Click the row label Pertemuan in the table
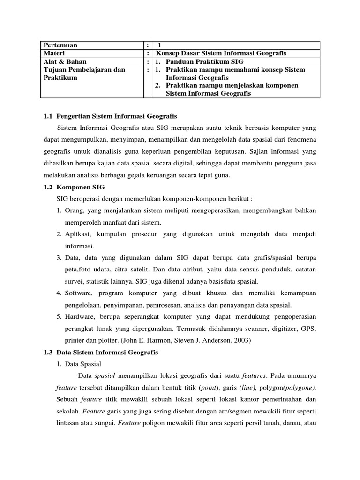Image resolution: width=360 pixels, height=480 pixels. coord(60,45)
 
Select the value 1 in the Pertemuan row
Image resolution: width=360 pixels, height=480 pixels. coord(159,45)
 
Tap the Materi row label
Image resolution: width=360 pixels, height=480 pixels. coord(54,53)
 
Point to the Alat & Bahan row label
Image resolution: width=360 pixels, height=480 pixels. coord(65,61)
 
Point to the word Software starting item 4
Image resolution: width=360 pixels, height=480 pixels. coord(79,293)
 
